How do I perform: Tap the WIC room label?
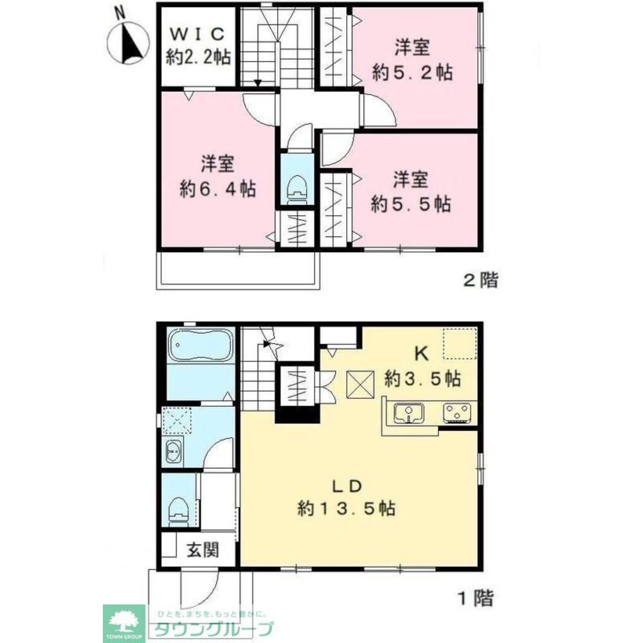[197, 34]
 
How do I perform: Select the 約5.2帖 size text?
[412, 73]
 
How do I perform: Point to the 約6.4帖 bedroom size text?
[217, 189]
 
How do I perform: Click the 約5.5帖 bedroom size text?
[410, 204]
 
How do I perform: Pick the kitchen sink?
[409, 413]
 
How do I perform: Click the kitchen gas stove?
[457, 413]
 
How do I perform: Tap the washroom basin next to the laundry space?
[174, 452]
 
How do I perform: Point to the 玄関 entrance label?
[203, 550]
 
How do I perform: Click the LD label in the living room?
[347, 486]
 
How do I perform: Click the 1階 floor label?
[476, 598]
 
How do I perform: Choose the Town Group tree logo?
[123, 623]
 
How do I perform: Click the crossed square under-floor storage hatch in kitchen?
[361, 385]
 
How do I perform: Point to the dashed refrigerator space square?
[459, 343]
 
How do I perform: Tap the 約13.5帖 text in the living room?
[347, 509]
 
